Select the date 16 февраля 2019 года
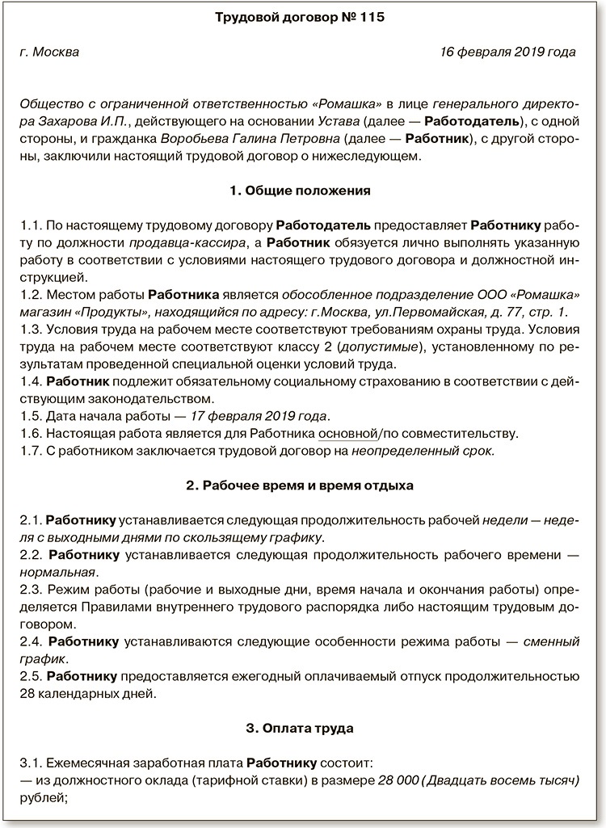click(x=507, y=53)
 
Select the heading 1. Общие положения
click(x=300, y=191)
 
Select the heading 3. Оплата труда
click(x=300, y=728)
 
